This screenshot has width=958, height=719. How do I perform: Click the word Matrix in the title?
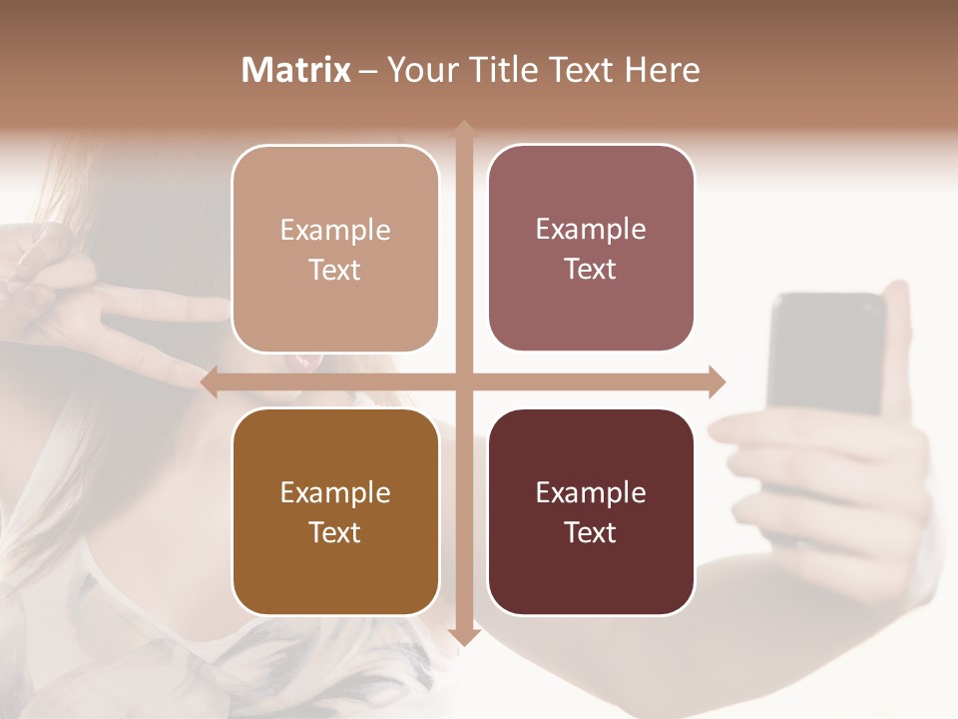tap(296, 70)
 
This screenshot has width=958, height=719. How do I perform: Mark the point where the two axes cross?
tap(464, 381)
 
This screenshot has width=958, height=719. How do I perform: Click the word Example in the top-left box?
tap(335, 231)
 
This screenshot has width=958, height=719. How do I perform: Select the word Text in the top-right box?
tap(591, 270)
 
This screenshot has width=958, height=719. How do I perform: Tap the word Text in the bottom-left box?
tap(335, 532)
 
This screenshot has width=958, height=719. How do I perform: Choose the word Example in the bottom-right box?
tap(591, 492)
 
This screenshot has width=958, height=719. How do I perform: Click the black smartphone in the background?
tap(826, 350)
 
